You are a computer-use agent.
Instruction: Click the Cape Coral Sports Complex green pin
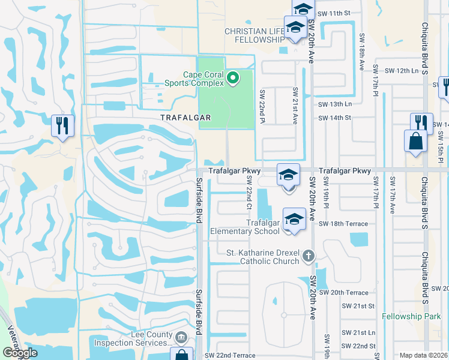pos(233,79)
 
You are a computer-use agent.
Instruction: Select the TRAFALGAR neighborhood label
pos(185,118)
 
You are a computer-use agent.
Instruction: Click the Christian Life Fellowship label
pos(254,35)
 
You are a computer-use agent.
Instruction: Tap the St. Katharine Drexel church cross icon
pos(308,256)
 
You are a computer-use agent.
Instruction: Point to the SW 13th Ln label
pos(334,104)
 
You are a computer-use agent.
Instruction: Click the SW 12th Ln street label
pos(405,71)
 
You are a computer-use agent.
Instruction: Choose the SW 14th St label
pos(334,118)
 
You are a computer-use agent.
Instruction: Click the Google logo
pos(20,353)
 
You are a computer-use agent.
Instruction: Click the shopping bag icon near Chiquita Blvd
pos(415,142)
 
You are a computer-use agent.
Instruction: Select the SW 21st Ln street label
pos(358,332)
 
